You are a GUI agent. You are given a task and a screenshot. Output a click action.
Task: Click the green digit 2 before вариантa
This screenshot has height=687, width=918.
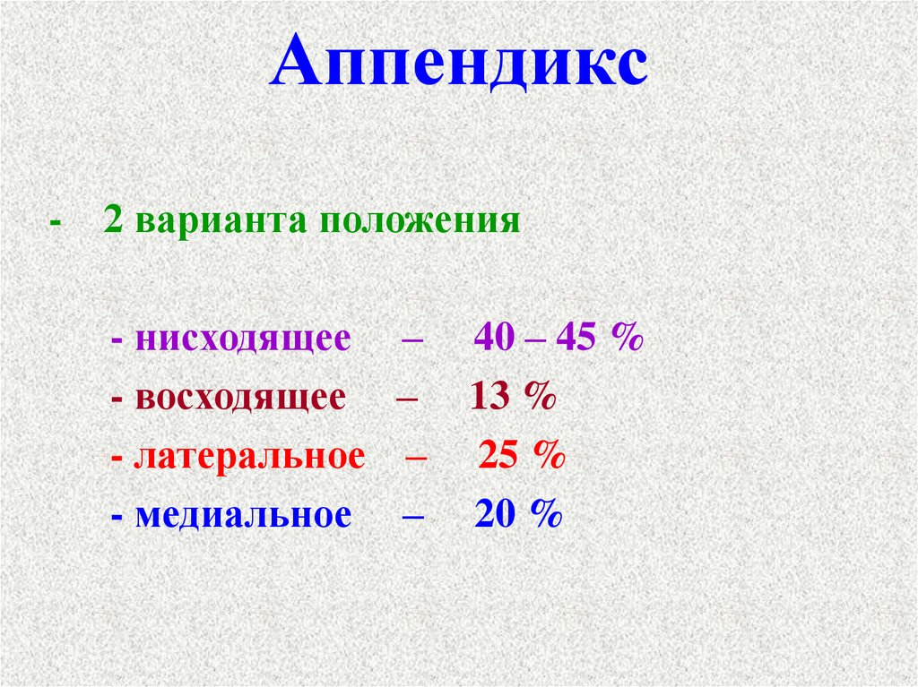tap(112, 220)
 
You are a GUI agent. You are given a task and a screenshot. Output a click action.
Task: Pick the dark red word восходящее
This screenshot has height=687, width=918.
tap(239, 398)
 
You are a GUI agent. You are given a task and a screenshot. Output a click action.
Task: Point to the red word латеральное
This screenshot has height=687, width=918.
tap(250, 456)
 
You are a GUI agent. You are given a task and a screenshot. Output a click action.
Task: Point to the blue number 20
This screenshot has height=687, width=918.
tap(494, 515)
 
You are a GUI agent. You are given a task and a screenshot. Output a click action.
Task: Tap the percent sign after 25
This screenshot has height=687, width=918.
tap(549, 456)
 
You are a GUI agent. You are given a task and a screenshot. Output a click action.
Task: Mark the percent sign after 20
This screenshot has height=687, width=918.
tap(546, 515)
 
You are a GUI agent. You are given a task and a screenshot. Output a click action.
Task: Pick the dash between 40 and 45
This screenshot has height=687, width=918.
tap(535, 340)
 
